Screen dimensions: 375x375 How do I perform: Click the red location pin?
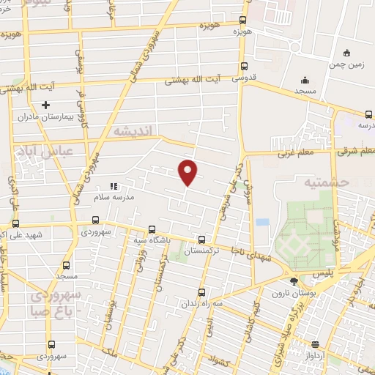click(x=188, y=172)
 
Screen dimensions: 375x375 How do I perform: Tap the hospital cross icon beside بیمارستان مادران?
click(x=45, y=105)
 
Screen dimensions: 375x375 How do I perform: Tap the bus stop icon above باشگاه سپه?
click(x=151, y=229)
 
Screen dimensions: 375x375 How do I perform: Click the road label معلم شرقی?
click(x=357, y=152)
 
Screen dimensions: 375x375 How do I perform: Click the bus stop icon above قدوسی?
click(x=243, y=65)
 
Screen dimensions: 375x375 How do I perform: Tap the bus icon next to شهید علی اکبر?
click(x=15, y=224)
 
